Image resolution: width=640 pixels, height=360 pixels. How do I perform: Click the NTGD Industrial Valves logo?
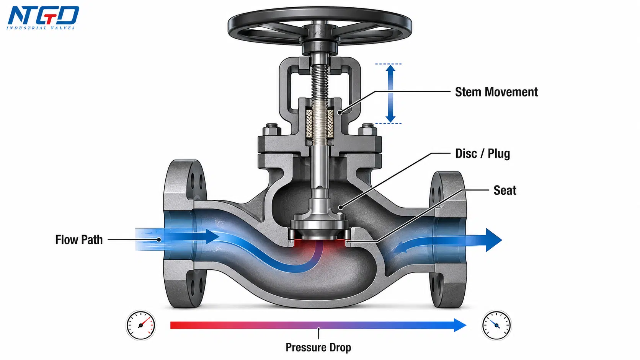(43, 18)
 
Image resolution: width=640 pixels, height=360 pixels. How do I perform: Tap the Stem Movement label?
(496, 92)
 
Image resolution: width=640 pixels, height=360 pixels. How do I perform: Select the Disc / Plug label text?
(483, 153)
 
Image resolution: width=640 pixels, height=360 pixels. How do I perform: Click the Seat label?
(505, 191)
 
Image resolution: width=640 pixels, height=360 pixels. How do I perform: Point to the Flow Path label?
(79, 240)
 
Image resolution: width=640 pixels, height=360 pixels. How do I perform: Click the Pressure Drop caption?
(318, 347)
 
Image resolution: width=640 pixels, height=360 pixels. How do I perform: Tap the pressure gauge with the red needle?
(140, 325)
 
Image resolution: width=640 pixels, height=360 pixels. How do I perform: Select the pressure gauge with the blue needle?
(496, 325)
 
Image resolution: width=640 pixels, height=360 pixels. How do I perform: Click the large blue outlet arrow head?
(494, 240)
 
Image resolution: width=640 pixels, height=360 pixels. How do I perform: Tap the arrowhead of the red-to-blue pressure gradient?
(460, 325)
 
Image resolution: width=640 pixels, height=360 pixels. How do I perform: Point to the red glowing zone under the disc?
(320, 246)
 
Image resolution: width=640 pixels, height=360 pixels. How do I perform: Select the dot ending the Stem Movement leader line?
(340, 112)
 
